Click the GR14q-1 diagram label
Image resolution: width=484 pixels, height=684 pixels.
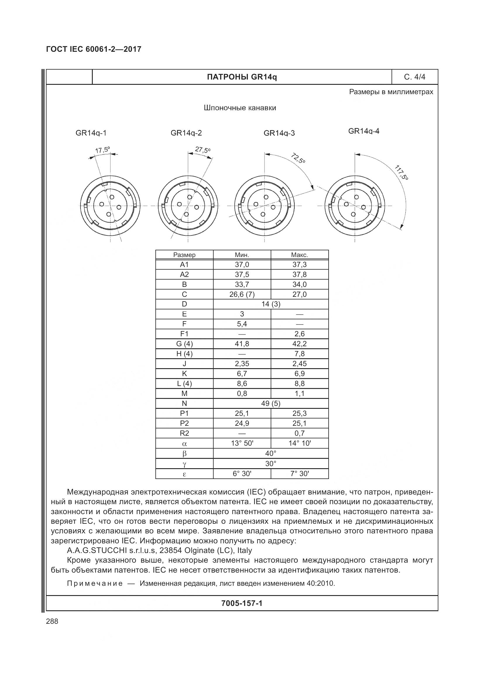coord(91,133)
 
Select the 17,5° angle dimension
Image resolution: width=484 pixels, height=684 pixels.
coord(102,150)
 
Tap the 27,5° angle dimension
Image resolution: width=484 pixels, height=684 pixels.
coord(203,149)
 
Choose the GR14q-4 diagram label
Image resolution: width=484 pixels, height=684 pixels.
coord(364,131)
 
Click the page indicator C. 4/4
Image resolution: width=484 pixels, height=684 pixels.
coord(415,77)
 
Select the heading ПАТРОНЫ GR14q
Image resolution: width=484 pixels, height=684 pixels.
coord(242,77)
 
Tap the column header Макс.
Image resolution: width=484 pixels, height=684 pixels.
coord(300,255)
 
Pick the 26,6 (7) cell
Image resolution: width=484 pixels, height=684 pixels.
coord(242,294)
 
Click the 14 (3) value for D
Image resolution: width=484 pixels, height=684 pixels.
coord(271,304)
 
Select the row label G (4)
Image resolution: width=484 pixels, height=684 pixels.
coord(184,344)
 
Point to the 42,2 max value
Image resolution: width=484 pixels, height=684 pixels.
coord(300,344)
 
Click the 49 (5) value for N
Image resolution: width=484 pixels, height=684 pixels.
coord(271,403)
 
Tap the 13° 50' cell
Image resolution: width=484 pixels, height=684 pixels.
coord(242,443)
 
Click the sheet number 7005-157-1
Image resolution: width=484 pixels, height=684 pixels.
coord(242,603)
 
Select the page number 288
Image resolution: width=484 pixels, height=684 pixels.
coord(52,621)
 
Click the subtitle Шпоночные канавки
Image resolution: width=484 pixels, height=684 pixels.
coord(240,108)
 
